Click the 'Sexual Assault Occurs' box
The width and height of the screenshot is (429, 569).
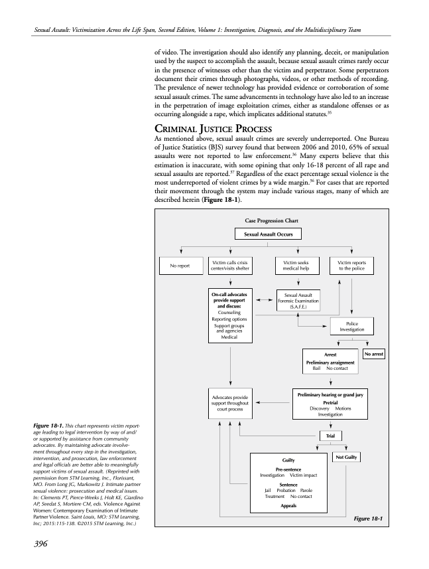[268, 234]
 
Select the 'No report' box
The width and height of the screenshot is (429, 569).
[179, 266]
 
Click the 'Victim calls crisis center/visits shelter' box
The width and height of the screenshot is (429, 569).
[229, 266]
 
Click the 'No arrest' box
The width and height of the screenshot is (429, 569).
[374, 355]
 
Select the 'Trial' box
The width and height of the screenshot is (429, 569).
[330, 436]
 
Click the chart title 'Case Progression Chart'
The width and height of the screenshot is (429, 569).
[268, 220]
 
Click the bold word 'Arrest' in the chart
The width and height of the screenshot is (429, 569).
[330, 355]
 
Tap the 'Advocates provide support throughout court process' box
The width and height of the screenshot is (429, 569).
[229, 403]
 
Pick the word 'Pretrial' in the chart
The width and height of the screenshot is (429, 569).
[330, 402]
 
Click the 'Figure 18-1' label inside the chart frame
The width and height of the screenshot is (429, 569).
[368, 518]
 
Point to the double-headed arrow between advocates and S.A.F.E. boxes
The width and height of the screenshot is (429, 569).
[264, 299]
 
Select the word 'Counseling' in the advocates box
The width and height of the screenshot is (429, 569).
[229, 312]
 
